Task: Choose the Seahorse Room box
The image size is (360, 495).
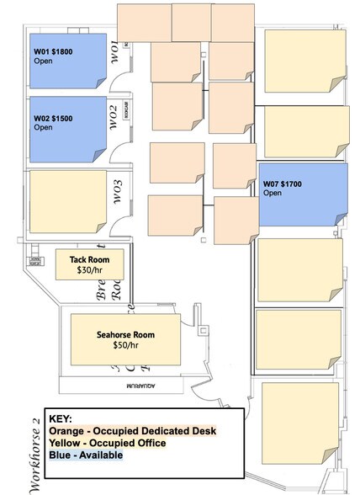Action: click(125, 339)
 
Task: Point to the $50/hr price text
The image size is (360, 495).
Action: click(125, 345)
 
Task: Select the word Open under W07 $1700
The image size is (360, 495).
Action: click(273, 193)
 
